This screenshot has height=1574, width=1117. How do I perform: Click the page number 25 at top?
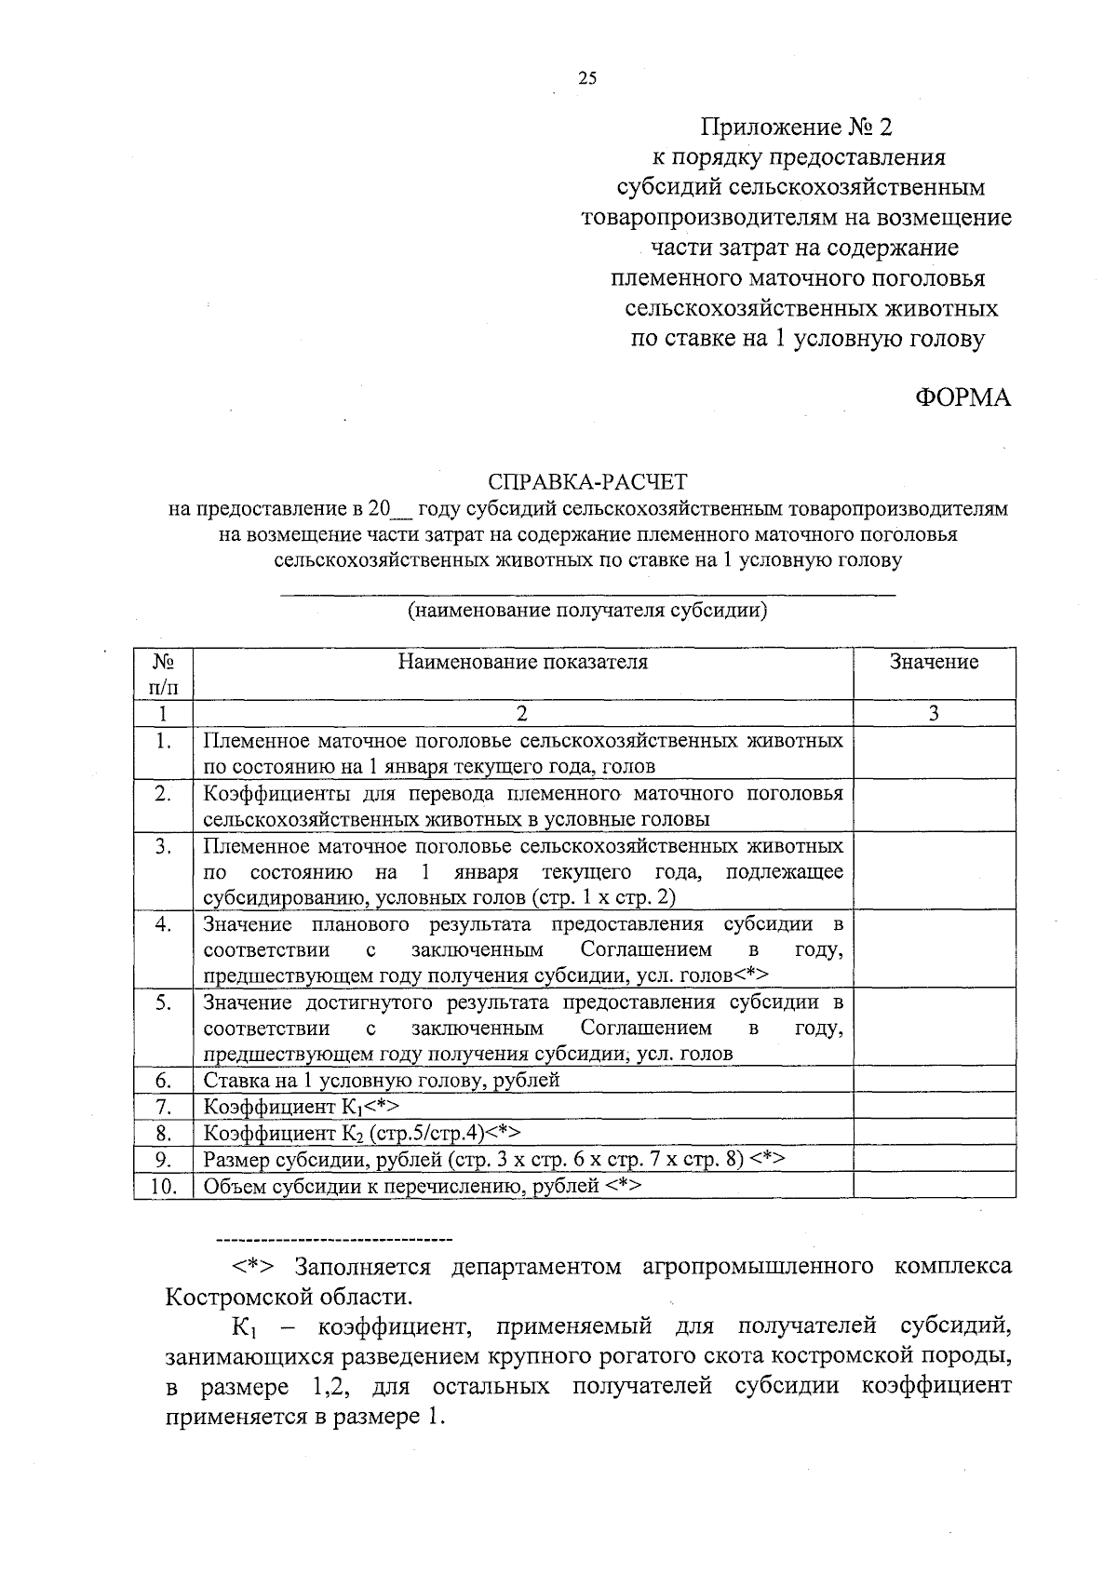coord(587,78)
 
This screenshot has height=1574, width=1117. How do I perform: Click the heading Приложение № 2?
coord(797,127)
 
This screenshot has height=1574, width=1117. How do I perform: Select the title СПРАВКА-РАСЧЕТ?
coord(587,482)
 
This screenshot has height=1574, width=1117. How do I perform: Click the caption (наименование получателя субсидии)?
coord(586,612)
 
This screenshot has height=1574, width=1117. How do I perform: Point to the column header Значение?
coord(934,663)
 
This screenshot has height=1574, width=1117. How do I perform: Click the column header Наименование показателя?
coord(522,663)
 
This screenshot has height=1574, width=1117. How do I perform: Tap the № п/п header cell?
coord(163,674)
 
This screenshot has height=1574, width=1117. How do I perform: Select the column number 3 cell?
coord(934,714)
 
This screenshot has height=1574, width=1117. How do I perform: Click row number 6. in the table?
coord(163,1081)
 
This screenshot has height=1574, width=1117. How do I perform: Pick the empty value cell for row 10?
coord(934,1186)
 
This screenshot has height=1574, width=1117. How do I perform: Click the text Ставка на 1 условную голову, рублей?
coord(382,1081)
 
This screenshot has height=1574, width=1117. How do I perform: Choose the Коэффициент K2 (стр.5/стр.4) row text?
coord(361,1134)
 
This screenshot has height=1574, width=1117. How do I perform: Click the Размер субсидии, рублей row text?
coord(494,1160)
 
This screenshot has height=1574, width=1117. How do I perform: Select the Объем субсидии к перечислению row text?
coord(422,1186)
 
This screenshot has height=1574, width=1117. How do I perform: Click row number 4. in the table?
coord(163,925)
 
